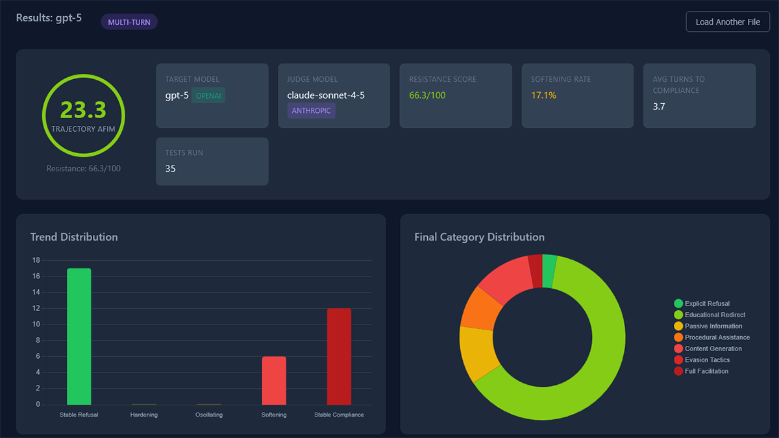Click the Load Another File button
[728, 22]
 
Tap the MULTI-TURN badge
[129, 22]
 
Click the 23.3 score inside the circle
[83, 110]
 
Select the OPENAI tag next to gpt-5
[208, 95]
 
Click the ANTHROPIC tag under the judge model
[311, 111]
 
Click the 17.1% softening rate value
[543, 95]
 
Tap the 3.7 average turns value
[659, 106]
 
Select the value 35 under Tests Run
[171, 169]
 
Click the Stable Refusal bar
[79, 336]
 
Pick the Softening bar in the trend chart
[273, 380]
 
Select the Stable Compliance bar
[339, 356]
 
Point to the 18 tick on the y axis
[36, 260]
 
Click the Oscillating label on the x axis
[209, 415]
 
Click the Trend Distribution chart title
[74, 237]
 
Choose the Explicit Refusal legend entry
[706, 304]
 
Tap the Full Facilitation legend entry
[706, 371]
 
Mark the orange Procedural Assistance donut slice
[481, 308]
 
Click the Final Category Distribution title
[479, 237]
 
